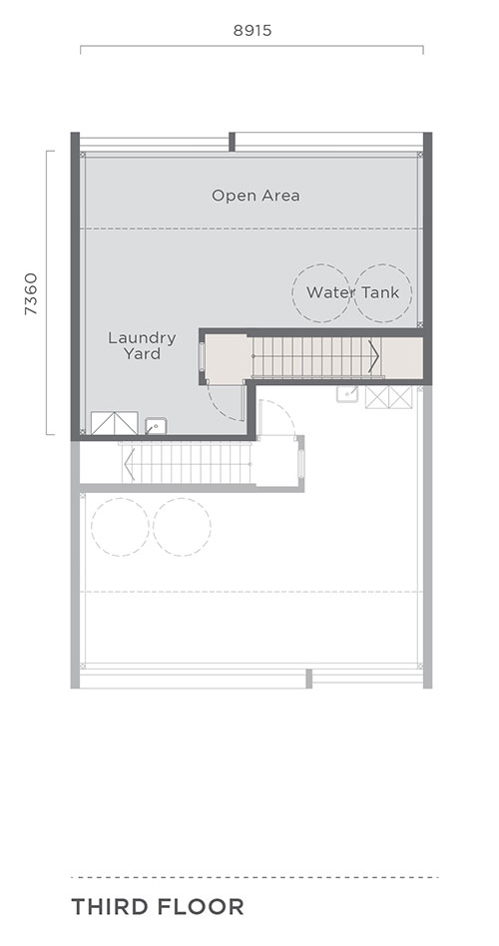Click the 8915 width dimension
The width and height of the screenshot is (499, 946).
[252, 30]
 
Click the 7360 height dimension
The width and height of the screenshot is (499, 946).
[31, 293]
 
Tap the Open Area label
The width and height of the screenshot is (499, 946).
[255, 196]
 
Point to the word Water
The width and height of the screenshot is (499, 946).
[329, 292]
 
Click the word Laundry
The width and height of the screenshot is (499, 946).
[142, 338]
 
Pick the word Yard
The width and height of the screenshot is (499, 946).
[142, 353]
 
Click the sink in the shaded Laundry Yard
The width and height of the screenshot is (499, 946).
[156, 426]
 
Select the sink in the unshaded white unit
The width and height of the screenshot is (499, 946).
[347, 394]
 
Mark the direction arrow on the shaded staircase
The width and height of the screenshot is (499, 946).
[374, 357]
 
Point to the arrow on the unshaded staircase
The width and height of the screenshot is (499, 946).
[128, 463]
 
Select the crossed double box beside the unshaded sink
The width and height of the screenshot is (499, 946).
[389, 397]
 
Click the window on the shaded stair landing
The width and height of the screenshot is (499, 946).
[202, 356]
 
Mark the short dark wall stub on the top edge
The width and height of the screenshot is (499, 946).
[232, 142]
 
